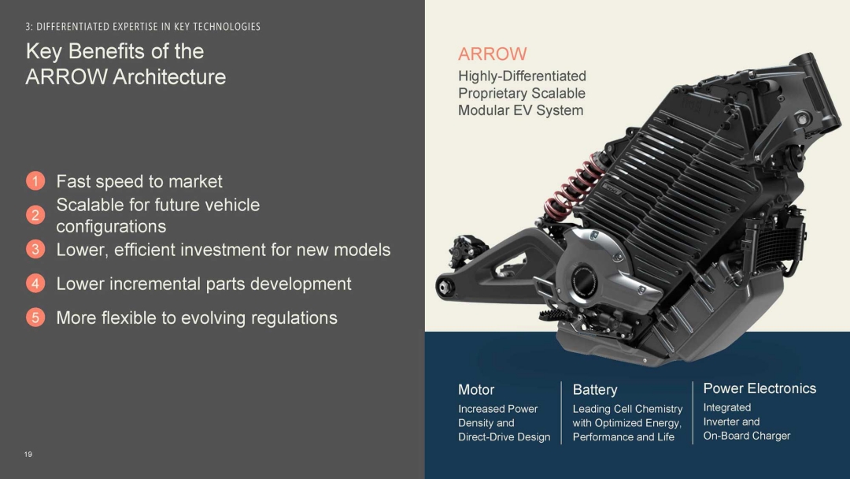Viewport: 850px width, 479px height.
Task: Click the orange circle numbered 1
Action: [x=35, y=180]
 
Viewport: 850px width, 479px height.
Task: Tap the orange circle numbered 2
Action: [x=35, y=215]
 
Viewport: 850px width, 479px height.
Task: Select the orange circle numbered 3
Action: [x=35, y=250]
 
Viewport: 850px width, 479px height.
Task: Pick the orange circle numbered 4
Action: [x=35, y=283]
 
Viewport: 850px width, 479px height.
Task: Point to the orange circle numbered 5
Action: [x=35, y=317]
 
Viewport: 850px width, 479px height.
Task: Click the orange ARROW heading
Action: [x=492, y=54]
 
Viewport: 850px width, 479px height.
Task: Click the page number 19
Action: [x=28, y=454]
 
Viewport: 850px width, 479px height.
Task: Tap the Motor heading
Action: [x=476, y=389]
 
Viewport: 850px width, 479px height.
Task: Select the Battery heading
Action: [x=595, y=389]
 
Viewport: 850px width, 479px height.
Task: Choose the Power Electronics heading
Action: [x=759, y=388]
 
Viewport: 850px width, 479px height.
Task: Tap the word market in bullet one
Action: [x=195, y=181]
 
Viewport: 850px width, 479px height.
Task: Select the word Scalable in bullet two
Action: [x=90, y=205]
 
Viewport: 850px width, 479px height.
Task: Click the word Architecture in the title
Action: [x=169, y=77]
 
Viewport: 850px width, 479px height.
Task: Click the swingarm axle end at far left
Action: [x=445, y=288]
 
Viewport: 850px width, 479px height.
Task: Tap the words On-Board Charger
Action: [x=746, y=436]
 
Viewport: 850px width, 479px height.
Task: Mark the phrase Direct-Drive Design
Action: [x=504, y=437]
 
